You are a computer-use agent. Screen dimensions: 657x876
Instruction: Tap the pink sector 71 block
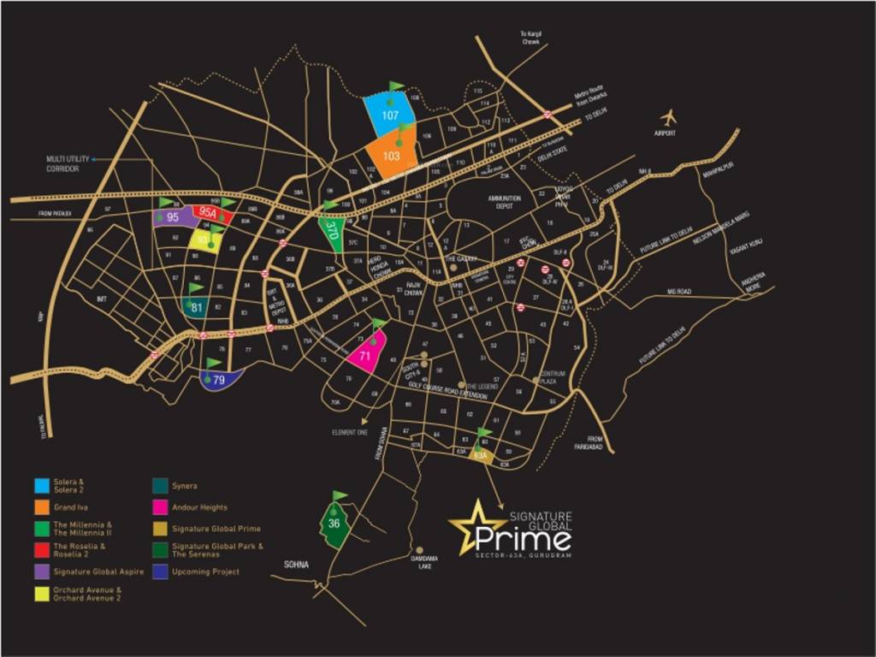(x=365, y=354)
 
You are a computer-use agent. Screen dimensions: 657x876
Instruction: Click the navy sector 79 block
(x=220, y=380)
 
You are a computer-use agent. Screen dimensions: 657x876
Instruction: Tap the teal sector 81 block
(x=197, y=307)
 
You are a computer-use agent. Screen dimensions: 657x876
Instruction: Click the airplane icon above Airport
(x=668, y=117)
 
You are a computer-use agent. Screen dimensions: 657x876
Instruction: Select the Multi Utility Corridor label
(x=62, y=163)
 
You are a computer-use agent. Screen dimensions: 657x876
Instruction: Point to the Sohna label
(x=296, y=565)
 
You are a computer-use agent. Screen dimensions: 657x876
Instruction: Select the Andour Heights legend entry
(x=199, y=507)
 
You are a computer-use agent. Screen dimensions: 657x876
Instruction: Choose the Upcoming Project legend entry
(x=205, y=571)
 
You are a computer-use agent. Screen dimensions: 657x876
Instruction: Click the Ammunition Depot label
(x=504, y=202)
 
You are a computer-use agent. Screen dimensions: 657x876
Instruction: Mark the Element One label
(x=350, y=433)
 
